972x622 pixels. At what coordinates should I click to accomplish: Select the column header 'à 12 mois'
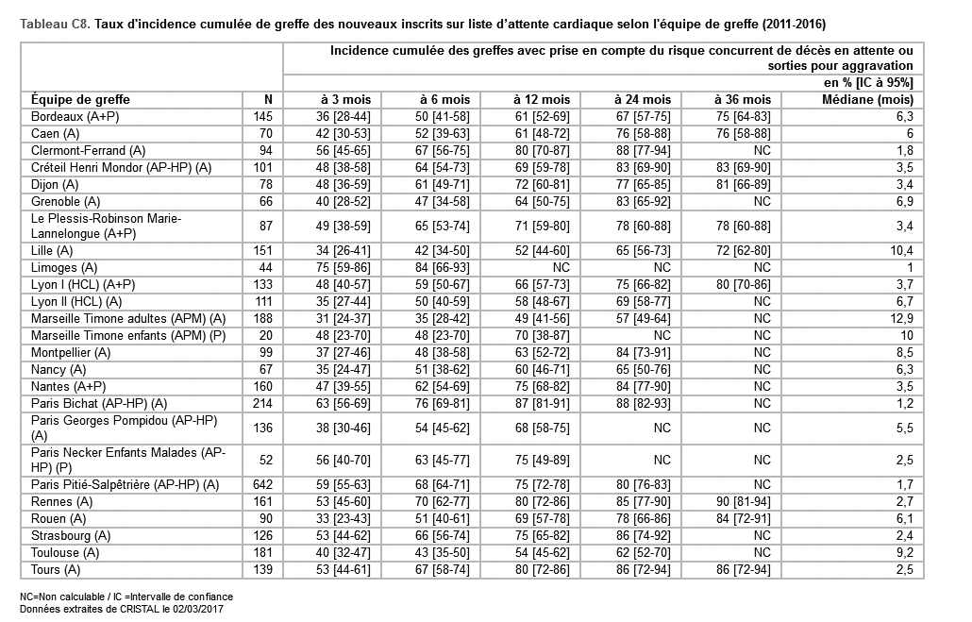coord(542,99)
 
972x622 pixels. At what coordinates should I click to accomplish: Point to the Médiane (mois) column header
coord(867,99)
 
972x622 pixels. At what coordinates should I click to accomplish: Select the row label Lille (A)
coord(52,250)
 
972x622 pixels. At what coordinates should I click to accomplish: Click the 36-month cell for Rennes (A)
coord(743,501)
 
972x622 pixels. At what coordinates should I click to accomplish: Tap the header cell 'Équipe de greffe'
coord(80,99)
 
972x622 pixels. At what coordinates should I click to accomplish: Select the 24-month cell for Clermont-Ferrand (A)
coord(642,150)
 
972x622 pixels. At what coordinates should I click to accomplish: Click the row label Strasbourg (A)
coord(70,535)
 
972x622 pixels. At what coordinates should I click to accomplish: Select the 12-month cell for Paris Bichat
coord(542,403)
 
